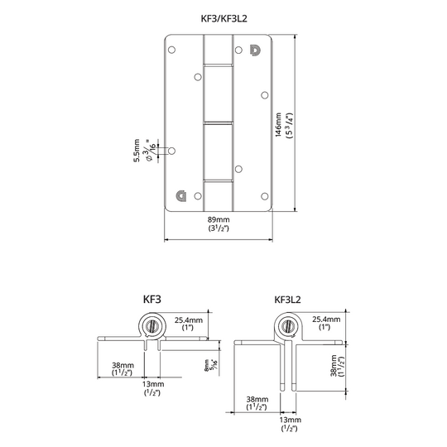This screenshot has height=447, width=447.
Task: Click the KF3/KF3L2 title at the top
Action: [223, 18]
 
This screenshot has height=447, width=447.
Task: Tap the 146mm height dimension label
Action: [278, 124]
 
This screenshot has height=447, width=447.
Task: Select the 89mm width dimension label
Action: [219, 220]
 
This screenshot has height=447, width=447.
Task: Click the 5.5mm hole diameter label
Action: [137, 151]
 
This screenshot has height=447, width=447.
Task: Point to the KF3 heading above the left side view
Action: [152, 300]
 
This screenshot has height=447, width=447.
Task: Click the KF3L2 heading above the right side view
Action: [287, 300]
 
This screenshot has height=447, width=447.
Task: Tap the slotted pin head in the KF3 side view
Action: [152, 325]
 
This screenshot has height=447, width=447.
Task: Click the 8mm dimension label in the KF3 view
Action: [207, 365]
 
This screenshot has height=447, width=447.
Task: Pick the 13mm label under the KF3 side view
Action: [153, 384]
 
